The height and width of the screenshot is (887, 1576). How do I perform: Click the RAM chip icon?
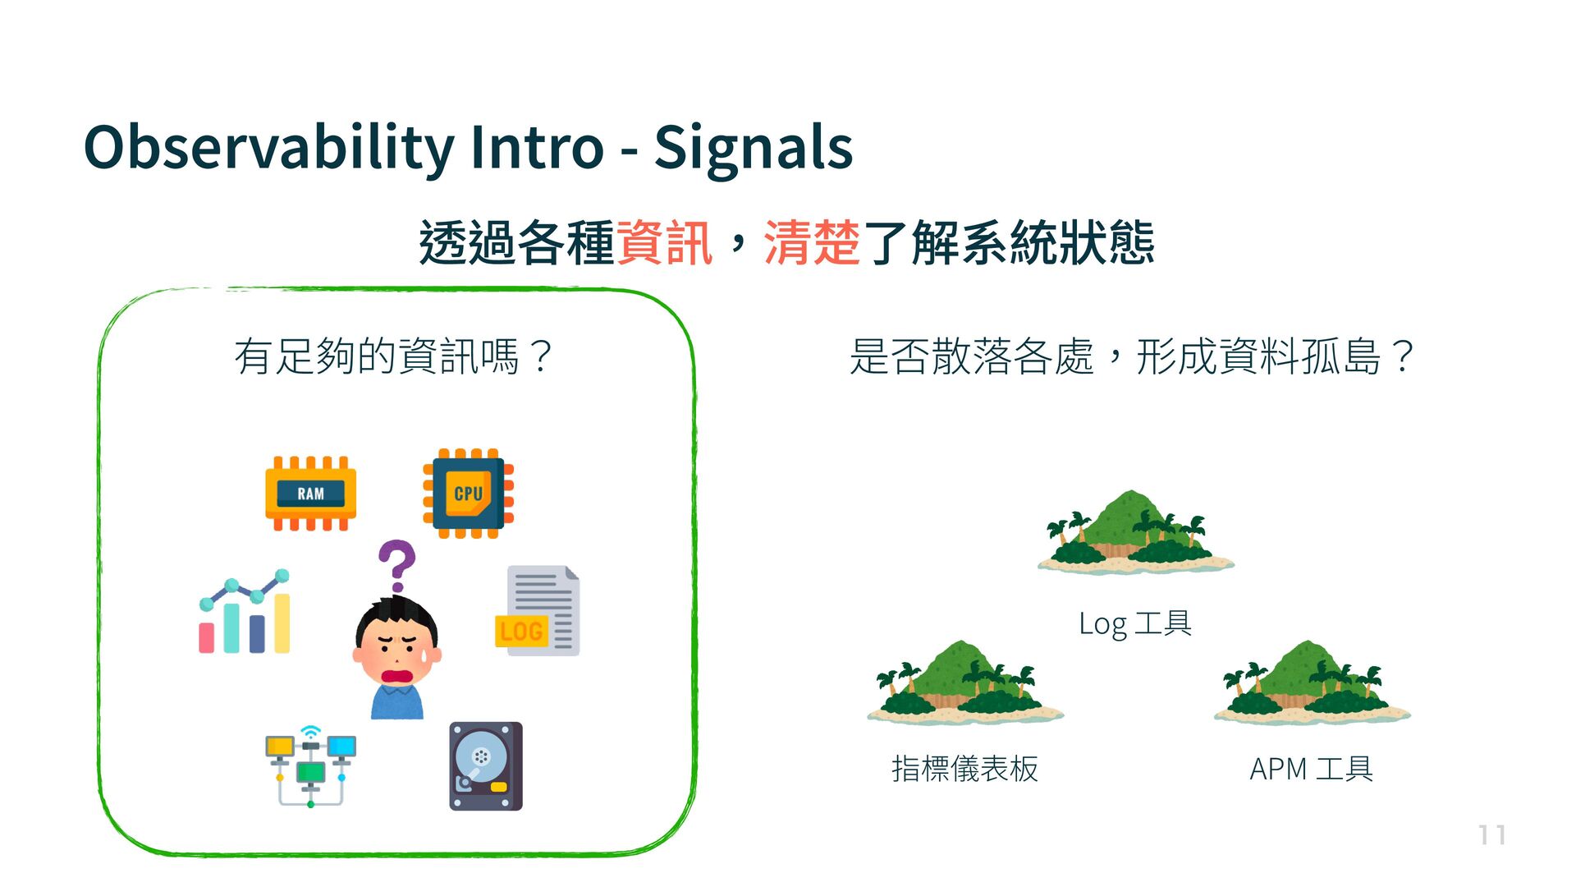click(x=310, y=494)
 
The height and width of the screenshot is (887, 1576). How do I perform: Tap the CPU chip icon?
click(x=468, y=494)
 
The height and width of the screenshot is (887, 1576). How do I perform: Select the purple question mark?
click(x=397, y=565)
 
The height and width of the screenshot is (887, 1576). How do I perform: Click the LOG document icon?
click(x=538, y=611)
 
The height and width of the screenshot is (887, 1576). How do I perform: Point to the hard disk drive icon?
click(x=486, y=766)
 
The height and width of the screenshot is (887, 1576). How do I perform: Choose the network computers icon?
click(x=310, y=766)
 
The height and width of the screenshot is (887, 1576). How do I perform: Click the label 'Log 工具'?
click(x=1135, y=623)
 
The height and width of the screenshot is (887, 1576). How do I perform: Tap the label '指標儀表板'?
click(x=965, y=769)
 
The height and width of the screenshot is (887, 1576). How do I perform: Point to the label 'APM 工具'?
click(x=1312, y=769)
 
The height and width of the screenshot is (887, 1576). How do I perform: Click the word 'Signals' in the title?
click(x=754, y=148)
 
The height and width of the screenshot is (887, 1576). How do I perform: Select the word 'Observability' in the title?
click(x=268, y=148)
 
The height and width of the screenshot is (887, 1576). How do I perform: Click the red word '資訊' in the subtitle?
click(x=664, y=243)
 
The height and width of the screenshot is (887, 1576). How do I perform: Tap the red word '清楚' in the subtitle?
click(x=812, y=243)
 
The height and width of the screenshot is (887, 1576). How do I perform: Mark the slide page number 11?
click(x=1491, y=835)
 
